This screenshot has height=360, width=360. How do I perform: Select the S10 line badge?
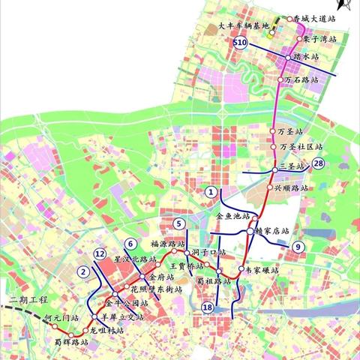[x=240, y=44]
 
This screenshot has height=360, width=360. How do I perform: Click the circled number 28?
[x=319, y=164]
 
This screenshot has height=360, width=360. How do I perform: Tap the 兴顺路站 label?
[x=289, y=187]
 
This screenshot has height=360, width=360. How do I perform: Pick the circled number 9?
[x=298, y=247]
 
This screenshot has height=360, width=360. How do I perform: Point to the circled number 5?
[x=178, y=223]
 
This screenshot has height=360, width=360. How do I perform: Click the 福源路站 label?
[x=167, y=244]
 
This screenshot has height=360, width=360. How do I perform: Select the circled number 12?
[x=100, y=254]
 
